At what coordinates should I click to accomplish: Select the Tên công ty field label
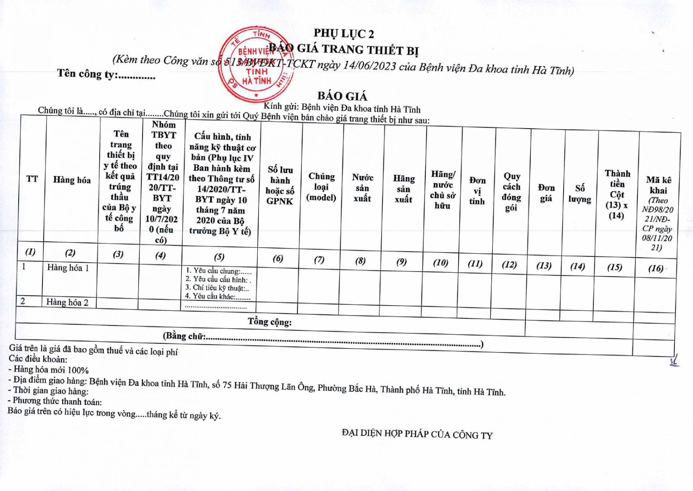[x=87, y=74]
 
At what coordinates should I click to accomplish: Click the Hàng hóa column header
[x=72, y=180]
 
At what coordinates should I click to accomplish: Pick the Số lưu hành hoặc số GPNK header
[x=280, y=185]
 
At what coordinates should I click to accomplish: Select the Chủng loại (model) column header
[x=321, y=187]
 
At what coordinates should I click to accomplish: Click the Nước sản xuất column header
[x=363, y=188]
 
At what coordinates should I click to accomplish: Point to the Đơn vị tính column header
[x=477, y=191]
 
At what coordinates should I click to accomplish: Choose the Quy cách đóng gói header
[x=512, y=192]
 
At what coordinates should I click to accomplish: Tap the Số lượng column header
[x=580, y=194]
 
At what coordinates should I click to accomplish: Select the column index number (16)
[x=656, y=268]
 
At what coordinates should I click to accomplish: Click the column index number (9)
[x=402, y=262]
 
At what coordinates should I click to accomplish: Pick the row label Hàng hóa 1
[x=68, y=268]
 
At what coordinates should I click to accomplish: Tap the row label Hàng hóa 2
[x=67, y=303]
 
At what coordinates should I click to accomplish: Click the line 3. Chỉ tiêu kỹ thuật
[x=217, y=288]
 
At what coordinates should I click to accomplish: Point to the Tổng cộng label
[x=269, y=321]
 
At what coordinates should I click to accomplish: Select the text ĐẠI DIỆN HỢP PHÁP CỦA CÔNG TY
[x=417, y=434]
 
